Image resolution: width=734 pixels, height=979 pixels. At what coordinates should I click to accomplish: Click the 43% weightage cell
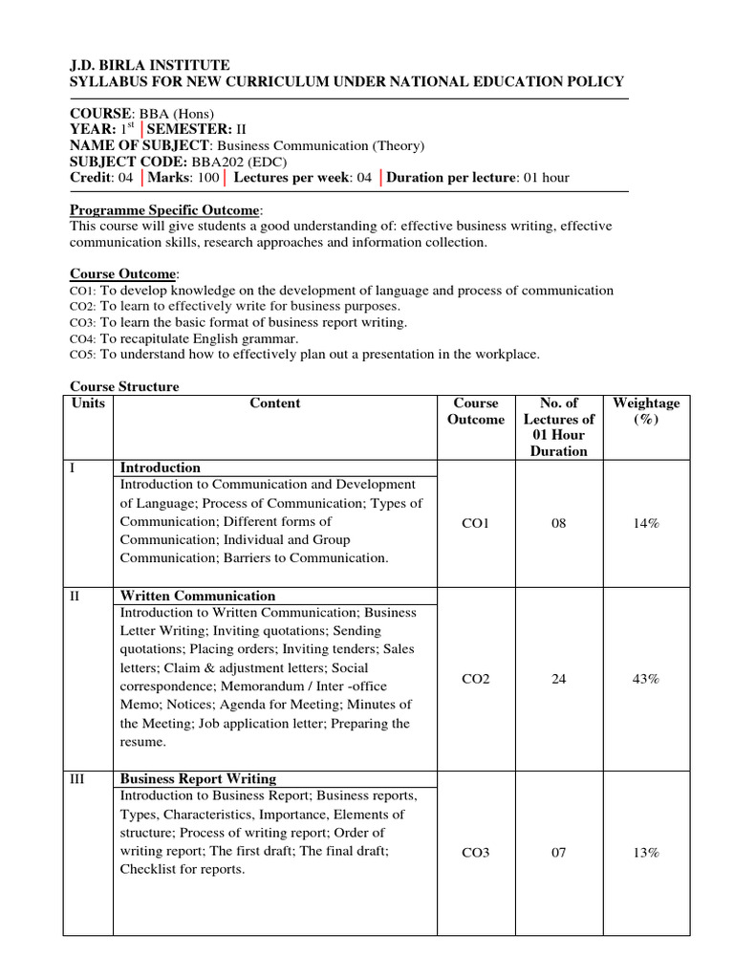pyautogui.click(x=645, y=679)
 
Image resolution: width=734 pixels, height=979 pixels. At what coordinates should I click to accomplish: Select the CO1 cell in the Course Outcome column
pyautogui.click(x=475, y=523)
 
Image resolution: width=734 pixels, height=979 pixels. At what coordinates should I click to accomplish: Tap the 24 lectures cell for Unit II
pyautogui.click(x=558, y=679)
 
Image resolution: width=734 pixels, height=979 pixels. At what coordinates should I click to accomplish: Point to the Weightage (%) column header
pyautogui.click(x=646, y=411)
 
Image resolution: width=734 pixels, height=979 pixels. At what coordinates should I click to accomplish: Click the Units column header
pyautogui.click(x=88, y=403)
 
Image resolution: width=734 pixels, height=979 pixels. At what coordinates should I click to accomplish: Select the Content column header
pyautogui.click(x=274, y=403)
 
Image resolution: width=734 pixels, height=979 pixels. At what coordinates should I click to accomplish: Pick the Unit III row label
pyautogui.click(x=78, y=779)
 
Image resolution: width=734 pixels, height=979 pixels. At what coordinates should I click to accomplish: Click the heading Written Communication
pyautogui.click(x=197, y=596)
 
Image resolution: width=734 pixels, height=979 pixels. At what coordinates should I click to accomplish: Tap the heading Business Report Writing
pyautogui.click(x=198, y=778)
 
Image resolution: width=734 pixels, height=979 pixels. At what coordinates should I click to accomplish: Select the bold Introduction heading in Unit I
pyautogui.click(x=160, y=468)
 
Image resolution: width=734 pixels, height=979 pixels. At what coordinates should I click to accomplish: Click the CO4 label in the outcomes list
pyautogui.click(x=82, y=338)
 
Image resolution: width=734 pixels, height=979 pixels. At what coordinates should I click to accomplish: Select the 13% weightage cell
pyautogui.click(x=645, y=853)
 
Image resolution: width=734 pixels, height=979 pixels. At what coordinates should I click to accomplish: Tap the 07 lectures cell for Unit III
pyautogui.click(x=558, y=853)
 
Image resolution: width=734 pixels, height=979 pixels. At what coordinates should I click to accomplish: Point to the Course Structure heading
pyautogui.click(x=124, y=387)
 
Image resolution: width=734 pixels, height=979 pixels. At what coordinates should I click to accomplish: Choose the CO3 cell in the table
pyautogui.click(x=475, y=853)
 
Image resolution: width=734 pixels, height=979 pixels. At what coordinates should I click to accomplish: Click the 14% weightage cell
pyautogui.click(x=645, y=523)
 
